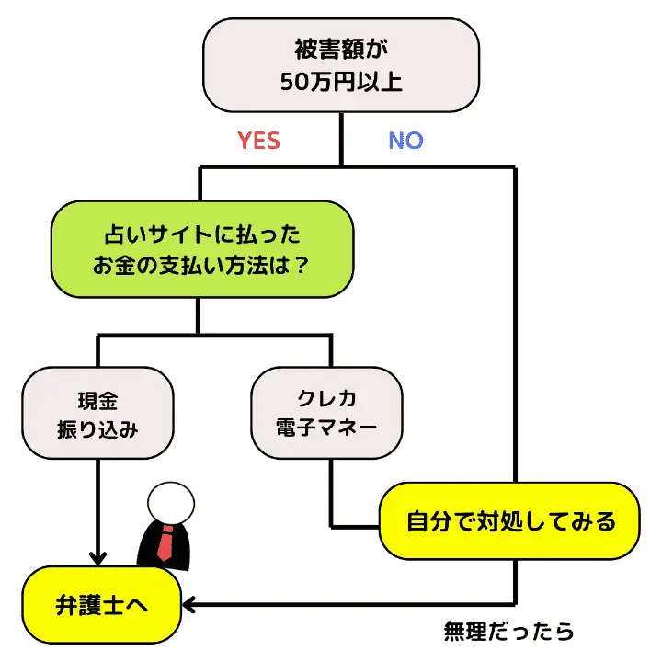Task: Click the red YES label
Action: (x=258, y=141)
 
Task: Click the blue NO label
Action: (x=405, y=141)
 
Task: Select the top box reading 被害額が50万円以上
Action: (x=340, y=63)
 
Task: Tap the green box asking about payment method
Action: (x=201, y=250)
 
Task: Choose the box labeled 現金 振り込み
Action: (x=97, y=415)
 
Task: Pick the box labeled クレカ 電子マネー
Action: (x=327, y=415)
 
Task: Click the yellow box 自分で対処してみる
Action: (x=510, y=521)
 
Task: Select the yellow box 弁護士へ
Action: (x=101, y=605)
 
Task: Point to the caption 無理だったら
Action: (x=508, y=632)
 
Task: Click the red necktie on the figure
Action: (x=165, y=543)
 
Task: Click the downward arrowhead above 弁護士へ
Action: (x=97, y=557)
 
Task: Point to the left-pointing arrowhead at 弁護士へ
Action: (x=192, y=604)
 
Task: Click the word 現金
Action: (x=97, y=400)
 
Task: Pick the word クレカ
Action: (x=327, y=400)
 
